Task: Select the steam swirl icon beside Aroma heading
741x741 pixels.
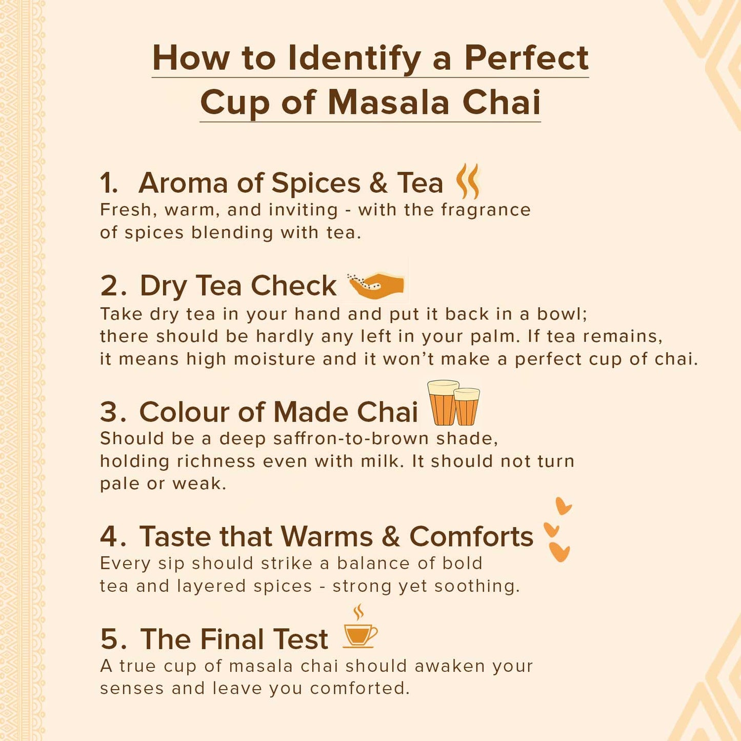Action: coord(468,181)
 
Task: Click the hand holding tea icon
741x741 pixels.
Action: coord(376,285)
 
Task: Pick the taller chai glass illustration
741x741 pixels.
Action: coord(444,403)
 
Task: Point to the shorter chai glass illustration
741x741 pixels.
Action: coord(467,407)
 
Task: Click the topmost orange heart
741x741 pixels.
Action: coord(564,506)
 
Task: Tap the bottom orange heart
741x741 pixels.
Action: coord(559,552)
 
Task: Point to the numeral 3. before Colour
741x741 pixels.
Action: coord(113,412)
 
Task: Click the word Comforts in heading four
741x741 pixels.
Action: coord(471,536)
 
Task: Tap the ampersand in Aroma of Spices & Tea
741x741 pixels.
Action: coord(378,183)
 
